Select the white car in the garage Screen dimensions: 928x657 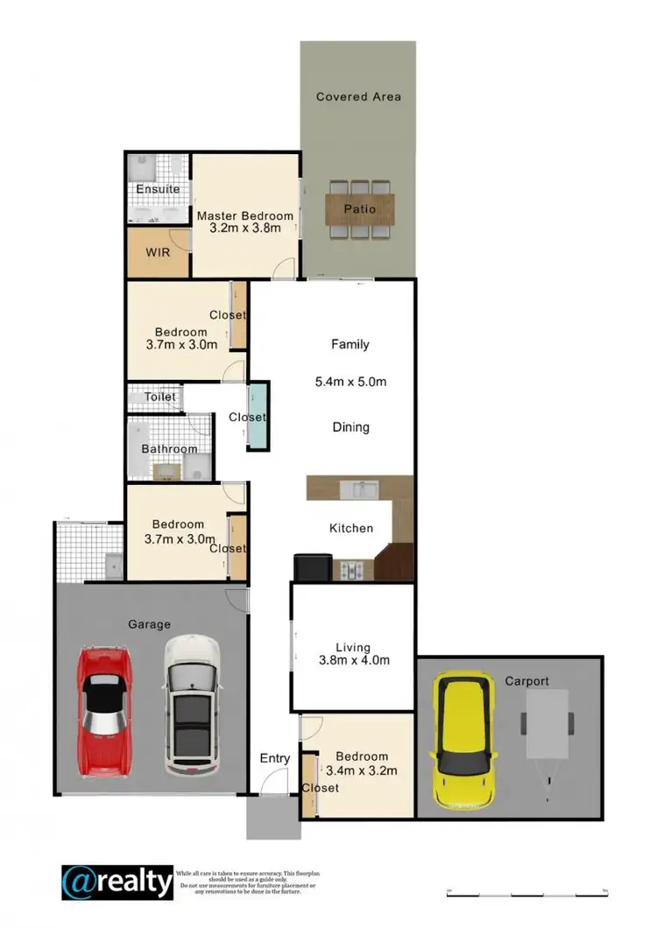tap(192, 705)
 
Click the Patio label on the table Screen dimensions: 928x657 tap(359, 209)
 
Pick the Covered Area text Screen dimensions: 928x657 tap(358, 96)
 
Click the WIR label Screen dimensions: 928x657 tap(158, 252)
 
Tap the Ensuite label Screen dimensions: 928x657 tap(158, 189)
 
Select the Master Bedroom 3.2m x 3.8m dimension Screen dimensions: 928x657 tap(244, 228)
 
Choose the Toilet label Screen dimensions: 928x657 tap(160, 397)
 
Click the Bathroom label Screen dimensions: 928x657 tap(170, 449)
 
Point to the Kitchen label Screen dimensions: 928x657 tap(350, 528)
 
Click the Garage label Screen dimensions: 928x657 tap(149, 624)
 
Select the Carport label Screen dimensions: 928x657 tap(526, 680)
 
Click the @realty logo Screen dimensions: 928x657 tap(117, 882)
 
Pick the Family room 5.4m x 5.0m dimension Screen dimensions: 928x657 tap(350, 382)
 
